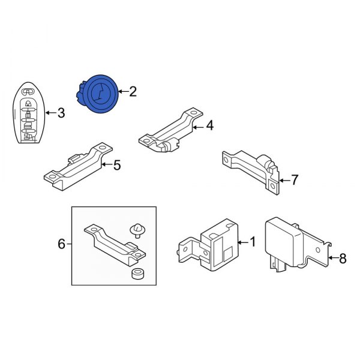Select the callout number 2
[x=133, y=92]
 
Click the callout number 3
[x=60, y=112]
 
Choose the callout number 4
[x=209, y=125]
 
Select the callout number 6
[x=61, y=244]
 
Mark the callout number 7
[x=294, y=179]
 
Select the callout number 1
[x=252, y=242]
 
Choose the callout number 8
[x=343, y=259]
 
